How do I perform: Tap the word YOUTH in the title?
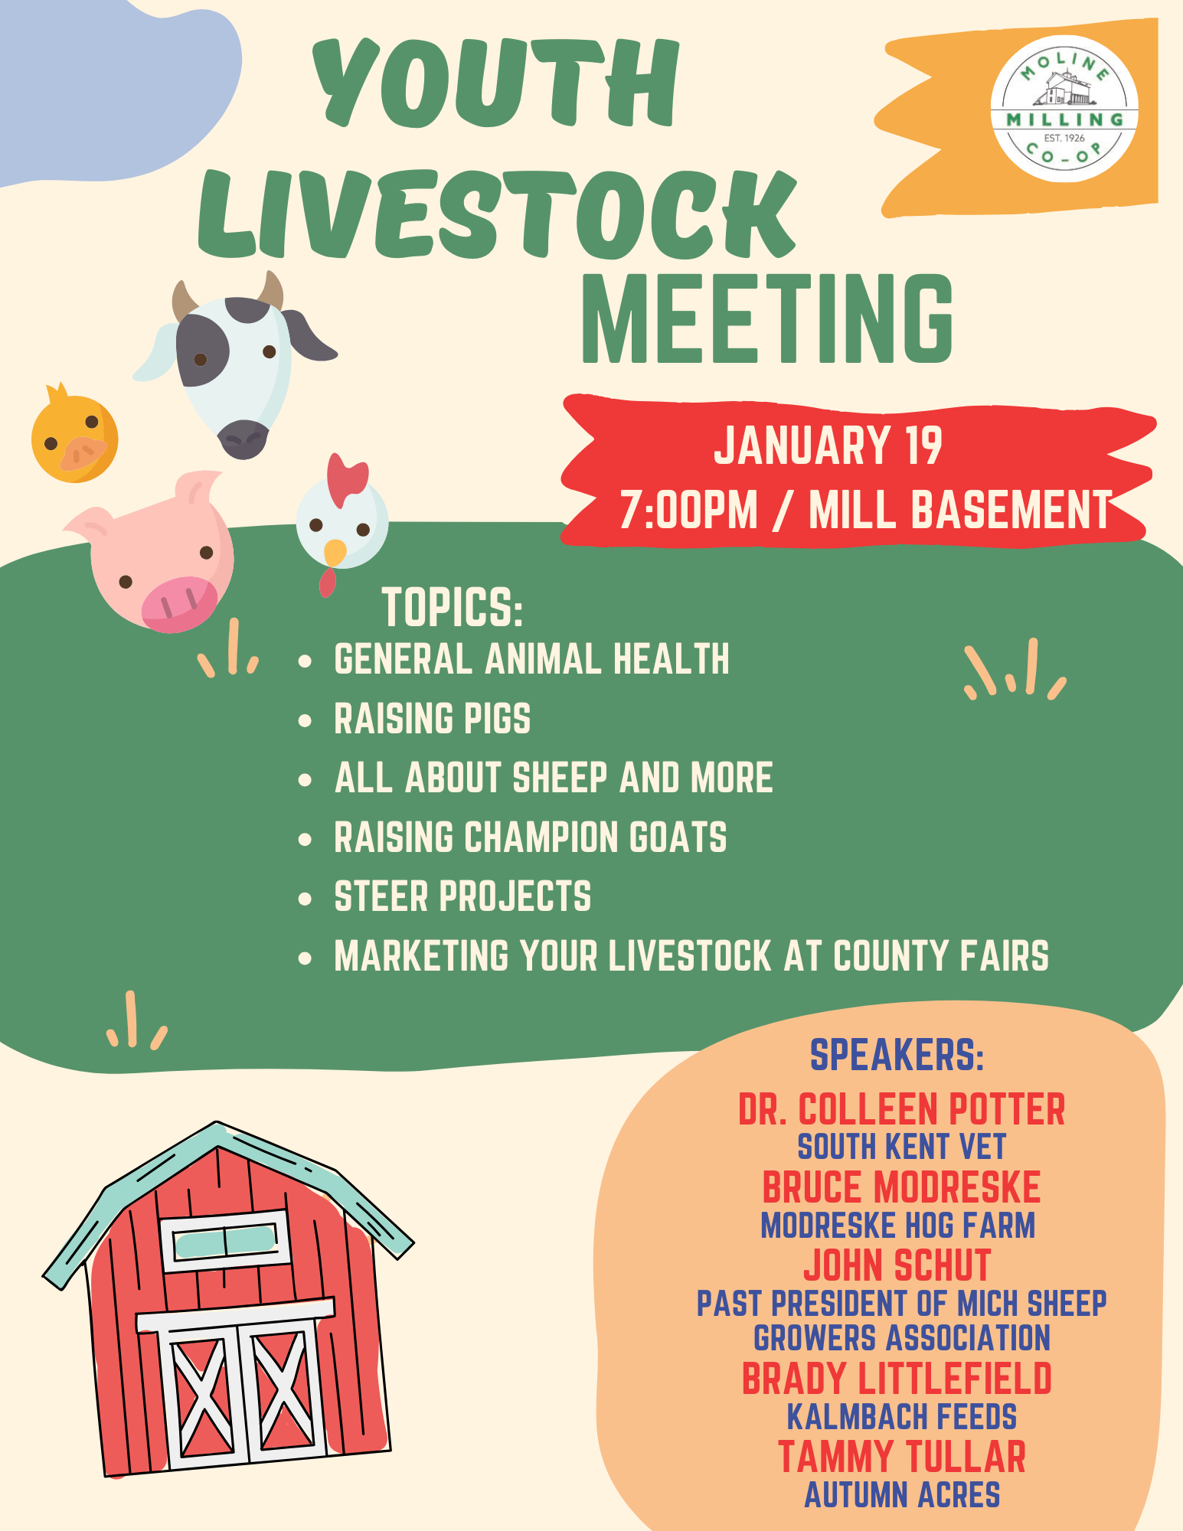pyautogui.click(x=496, y=82)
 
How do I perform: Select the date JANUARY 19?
pyautogui.click(x=828, y=446)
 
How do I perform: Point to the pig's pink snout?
pyautogui.click(x=179, y=604)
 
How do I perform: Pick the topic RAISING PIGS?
pyautogui.click(x=433, y=719)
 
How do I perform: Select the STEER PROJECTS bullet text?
pyautogui.click(x=462, y=896)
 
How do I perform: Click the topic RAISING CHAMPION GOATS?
pyautogui.click(x=531, y=837)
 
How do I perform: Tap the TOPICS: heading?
pyautogui.click(x=453, y=607)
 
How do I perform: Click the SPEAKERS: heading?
pyautogui.click(x=897, y=1055)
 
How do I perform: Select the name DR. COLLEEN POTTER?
pyautogui.click(x=902, y=1109)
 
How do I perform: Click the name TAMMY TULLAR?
pyautogui.click(x=902, y=1457)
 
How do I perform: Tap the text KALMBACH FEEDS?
pyautogui.click(x=902, y=1417)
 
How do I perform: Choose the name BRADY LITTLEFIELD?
pyautogui.click(x=897, y=1379)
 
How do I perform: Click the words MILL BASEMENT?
pyautogui.click(x=960, y=510)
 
